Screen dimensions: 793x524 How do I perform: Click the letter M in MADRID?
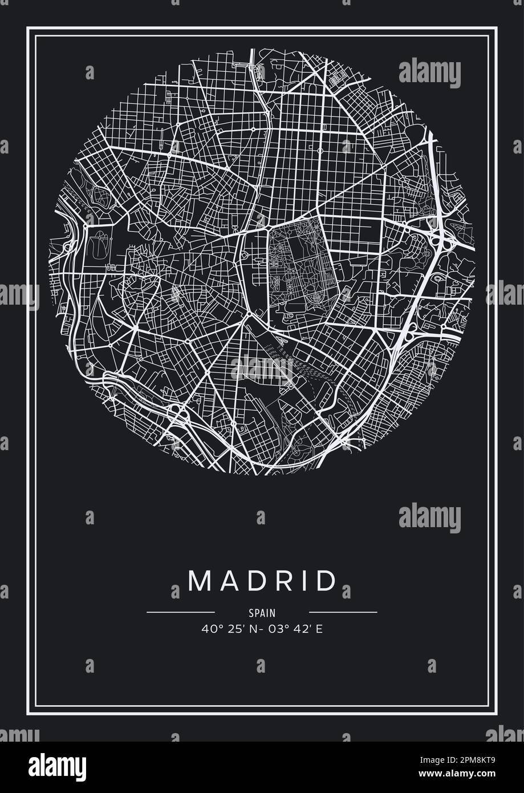pyautogui.click(x=200, y=581)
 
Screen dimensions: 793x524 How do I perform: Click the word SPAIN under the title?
pyautogui.click(x=262, y=613)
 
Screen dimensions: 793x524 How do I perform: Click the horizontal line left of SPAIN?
pyautogui.click(x=173, y=612)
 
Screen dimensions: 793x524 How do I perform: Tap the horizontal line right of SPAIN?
pyautogui.click(x=351, y=612)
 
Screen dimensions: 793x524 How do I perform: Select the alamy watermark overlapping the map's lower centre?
pyautogui.click(x=262, y=369)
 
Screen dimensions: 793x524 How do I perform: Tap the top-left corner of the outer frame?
pyautogui.click(x=27, y=27)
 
